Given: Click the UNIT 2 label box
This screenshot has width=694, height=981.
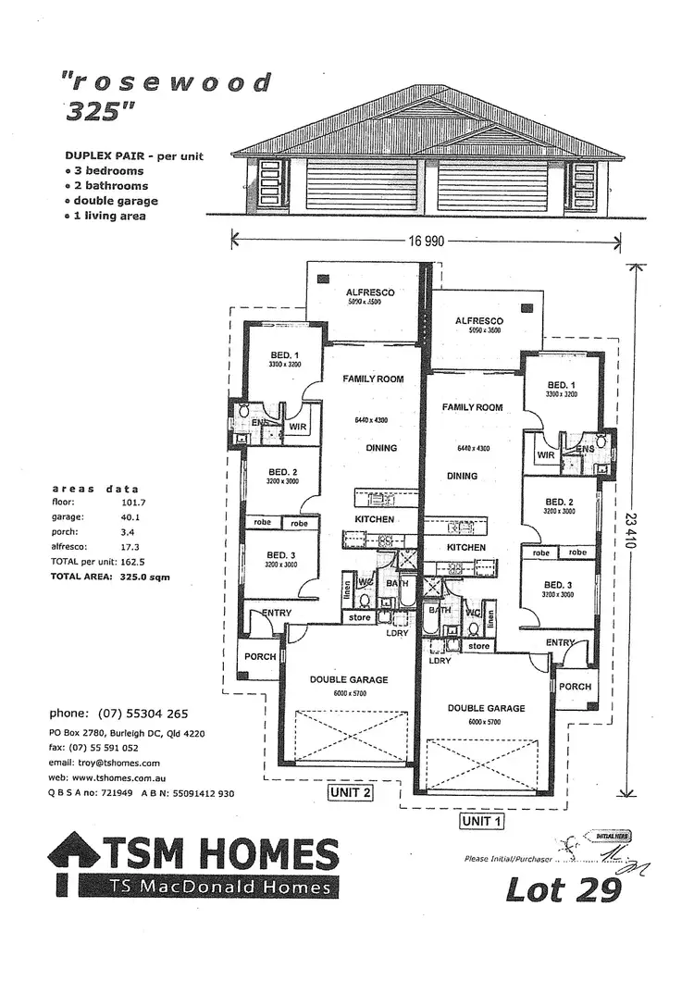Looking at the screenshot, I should pos(350,793).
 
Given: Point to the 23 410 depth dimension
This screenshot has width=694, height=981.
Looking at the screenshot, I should pos(633,532).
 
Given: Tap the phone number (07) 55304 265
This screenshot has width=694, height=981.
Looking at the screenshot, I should pos(118,714).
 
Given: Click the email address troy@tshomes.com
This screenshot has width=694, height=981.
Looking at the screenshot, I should pos(105,763).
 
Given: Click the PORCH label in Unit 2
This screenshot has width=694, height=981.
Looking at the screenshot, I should pos(260,656).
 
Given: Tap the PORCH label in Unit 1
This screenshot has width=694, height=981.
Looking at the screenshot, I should pos(575,687).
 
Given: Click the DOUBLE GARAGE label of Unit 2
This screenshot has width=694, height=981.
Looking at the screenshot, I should pos(349,679).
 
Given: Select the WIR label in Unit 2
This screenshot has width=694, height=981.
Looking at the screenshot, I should pos(297,427).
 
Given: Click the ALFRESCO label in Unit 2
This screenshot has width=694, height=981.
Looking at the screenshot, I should pos(370,292).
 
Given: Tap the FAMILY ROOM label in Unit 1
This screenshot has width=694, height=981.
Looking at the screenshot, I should pos(472,407).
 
